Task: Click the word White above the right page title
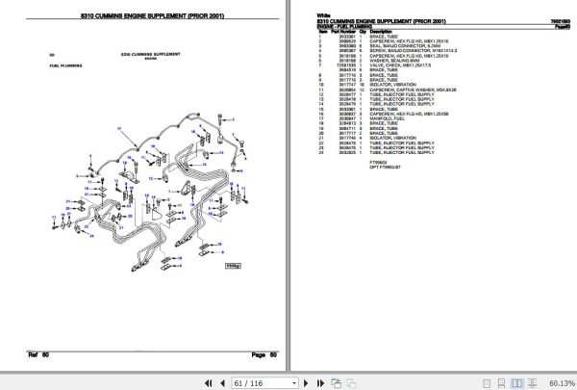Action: click(x=324, y=14)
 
